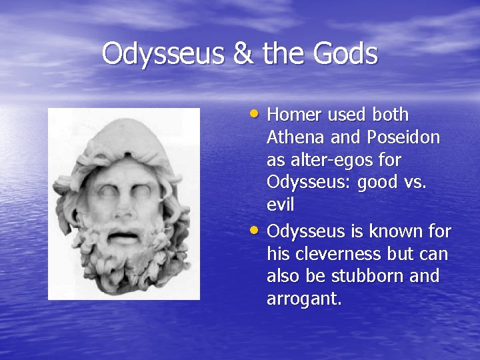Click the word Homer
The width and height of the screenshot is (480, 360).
(x=294, y=115)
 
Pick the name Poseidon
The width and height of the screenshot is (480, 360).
(x=403, y=137)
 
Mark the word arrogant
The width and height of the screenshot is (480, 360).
(x=303, y=299)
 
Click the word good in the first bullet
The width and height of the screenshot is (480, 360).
(x=379, y=183)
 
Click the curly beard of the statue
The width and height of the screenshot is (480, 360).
(x=123, y=270)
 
